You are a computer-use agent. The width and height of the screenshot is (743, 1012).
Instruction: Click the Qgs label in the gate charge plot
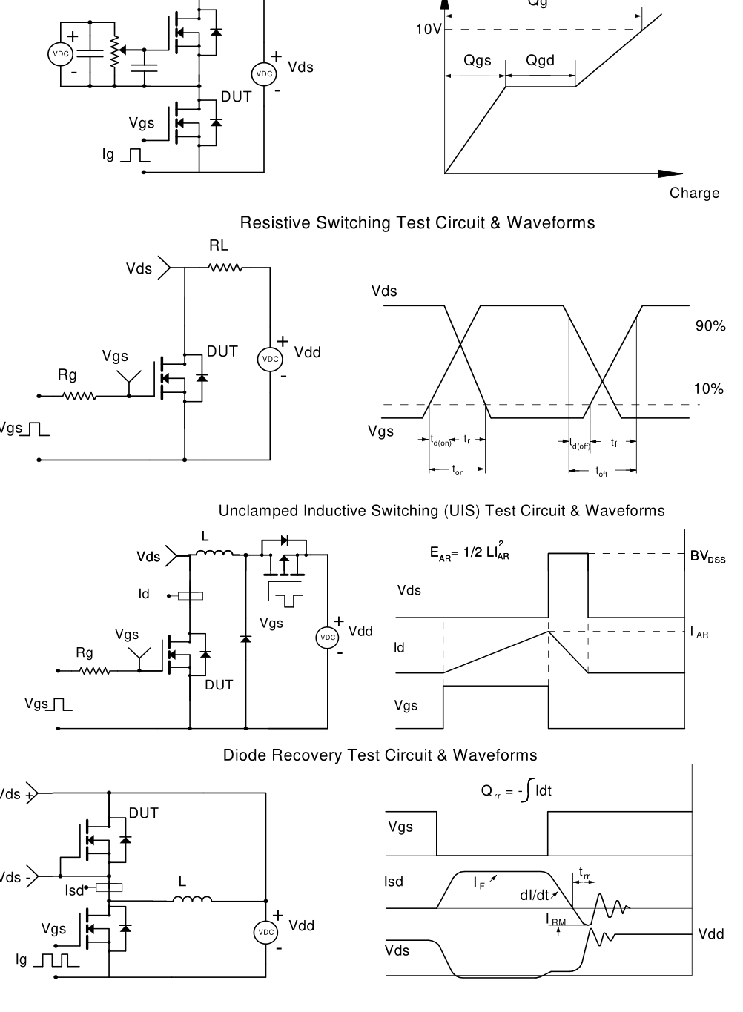click(477, 61)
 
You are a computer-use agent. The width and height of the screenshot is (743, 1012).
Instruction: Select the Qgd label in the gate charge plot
click(540, 61)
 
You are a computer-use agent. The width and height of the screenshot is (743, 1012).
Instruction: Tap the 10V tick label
click(429, 30)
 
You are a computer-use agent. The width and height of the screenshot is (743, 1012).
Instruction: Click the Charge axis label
click(694, 193)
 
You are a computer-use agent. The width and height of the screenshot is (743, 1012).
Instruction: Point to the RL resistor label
click(219, 245)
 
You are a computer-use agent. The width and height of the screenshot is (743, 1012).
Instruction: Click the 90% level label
click(710, 326)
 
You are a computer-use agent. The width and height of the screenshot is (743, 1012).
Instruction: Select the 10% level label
click(708, 389)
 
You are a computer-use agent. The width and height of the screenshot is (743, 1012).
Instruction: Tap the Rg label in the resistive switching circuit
click(67, 375)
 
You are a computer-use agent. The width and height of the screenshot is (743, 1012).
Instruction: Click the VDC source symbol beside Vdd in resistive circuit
click(270, 359)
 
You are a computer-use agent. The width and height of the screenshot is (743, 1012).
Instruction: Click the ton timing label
click(458, 470)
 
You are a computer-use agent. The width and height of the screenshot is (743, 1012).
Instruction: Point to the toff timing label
click(601, 472)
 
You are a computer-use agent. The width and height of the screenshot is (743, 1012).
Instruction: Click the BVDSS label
click(707, 558)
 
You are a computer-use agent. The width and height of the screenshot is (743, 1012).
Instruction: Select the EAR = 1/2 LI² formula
click(469, 552)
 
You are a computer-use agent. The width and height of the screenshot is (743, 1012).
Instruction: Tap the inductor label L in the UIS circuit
click(205, 536)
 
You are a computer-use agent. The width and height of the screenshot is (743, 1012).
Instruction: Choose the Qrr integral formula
click(516, 792)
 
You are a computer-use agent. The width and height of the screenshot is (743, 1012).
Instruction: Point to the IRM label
click(556, 920)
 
